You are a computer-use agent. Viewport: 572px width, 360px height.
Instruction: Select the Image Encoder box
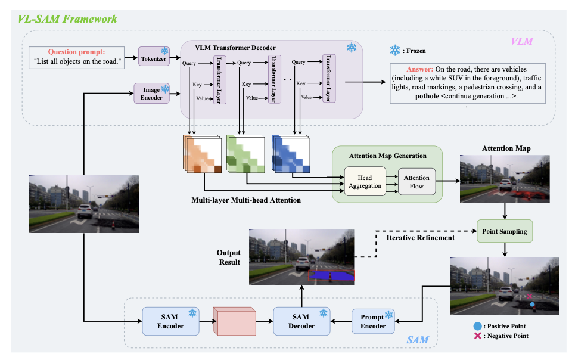tap(151, 93)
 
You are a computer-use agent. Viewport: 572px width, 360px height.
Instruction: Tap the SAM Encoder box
tap(171, 321)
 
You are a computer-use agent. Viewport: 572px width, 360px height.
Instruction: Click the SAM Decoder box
tap(301, 321)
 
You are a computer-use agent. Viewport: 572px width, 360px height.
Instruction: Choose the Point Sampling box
tap(505, 230)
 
